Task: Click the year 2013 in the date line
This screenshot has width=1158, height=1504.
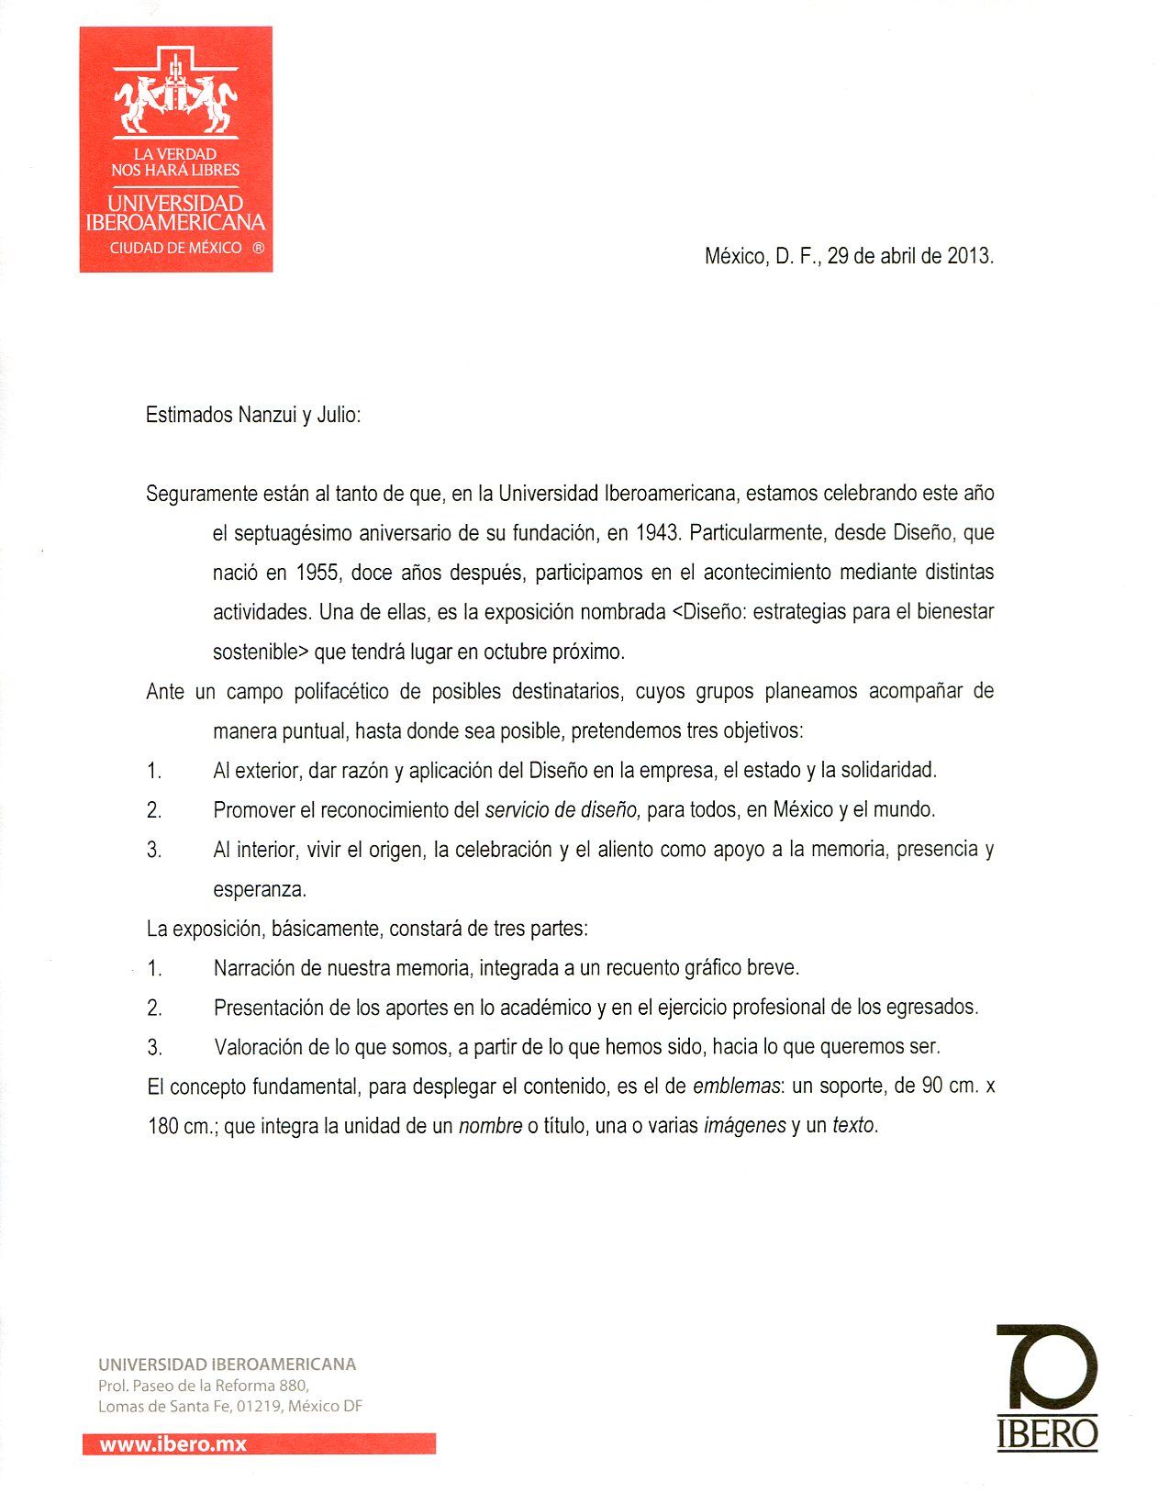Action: [x=969, y=256]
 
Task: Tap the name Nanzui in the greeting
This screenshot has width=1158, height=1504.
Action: [x=267, y=415]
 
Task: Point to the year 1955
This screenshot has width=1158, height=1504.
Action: [x=317, y=573]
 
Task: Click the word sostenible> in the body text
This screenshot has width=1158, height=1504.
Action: [x=261, y=652]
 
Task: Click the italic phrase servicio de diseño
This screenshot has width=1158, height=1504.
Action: [x=562, y=810]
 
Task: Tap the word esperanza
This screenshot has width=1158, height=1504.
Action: [x=259, y=889]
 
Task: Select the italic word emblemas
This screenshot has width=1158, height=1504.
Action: [x=736, y=1086]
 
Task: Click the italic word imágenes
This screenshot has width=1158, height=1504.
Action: [x=744, y=1126]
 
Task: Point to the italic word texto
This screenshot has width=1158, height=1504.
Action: [x=853, y=1126]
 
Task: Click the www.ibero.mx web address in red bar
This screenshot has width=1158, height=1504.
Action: [x=173, y=1444]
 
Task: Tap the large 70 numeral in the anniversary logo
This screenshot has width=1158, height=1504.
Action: [x=1047, y=1367]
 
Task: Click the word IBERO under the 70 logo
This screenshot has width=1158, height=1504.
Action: [x=1047, y=1433]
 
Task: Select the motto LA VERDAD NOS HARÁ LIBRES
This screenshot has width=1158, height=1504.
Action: [x=175, y=162]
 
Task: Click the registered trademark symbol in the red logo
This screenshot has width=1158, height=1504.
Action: [x=258, y=248]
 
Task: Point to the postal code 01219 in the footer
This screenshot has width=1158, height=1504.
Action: [x=258, y=1406]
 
